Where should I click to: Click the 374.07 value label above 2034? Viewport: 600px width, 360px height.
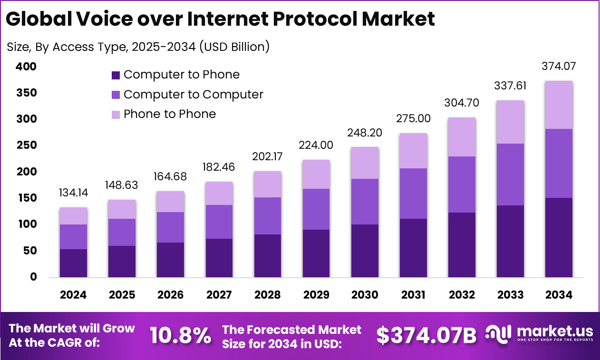click(x=558, y=67)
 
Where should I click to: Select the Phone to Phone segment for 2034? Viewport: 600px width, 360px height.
click(x=558, y=105)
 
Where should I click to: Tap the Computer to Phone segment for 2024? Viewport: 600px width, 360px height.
click(x=73, y=263)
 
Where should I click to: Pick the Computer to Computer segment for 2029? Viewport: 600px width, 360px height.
click(x=316, y=209)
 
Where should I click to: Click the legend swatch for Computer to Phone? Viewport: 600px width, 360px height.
click(x=116, y=75)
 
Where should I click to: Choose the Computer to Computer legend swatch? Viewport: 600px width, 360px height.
click(x=116, y=95)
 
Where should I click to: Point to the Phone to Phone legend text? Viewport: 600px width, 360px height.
click(x=170, y=114)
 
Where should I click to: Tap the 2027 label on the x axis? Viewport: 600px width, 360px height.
click(x=219, y=295)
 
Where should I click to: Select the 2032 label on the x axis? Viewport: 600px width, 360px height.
click(x=462, y=295)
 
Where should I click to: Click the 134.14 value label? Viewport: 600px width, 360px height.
click(x=73, y=193)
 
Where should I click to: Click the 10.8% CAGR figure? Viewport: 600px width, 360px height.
click(x=181, y=336)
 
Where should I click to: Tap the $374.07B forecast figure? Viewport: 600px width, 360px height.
click(x=426, y=336)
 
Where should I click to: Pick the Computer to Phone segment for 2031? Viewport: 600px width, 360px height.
click(x=413, y=248)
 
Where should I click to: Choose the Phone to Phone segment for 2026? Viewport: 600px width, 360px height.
click(x=171, y=202)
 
